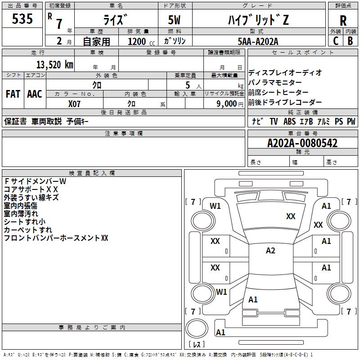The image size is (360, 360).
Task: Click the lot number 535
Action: [22, 18]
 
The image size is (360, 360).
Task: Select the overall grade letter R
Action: [343, 21]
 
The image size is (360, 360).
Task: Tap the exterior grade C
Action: [336, 41]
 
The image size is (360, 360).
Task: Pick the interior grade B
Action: [350, 41]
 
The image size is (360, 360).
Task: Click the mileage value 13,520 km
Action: [55, 65]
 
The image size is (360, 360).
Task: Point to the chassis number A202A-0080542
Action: [302, 143]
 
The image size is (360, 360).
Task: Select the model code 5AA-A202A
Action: [258, 41]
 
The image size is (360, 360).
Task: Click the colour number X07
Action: [74, 104]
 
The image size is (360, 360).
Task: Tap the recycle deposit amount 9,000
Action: [226, 103]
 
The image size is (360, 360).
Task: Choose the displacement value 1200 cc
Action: [141, 41]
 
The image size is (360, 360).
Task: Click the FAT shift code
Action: [13, 94]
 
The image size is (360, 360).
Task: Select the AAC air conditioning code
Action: [35, 94]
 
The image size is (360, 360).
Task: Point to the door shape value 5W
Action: [174, 20]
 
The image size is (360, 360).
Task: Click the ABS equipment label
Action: [289, 121]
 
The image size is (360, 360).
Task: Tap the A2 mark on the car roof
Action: [270, 251]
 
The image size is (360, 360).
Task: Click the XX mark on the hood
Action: [291, 216]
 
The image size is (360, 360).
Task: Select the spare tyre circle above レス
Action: [197, 328]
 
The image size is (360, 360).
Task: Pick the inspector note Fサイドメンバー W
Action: [35, 181]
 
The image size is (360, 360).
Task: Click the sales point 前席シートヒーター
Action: [278, 92]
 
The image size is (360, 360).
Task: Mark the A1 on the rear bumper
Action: [220, 332]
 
